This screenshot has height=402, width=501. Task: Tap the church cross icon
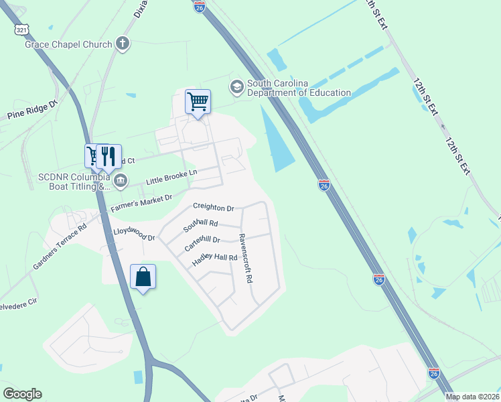coord(122,44)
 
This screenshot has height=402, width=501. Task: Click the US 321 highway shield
coord(21,29)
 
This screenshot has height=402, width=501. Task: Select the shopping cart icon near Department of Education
coord(198,102)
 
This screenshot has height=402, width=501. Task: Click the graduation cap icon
coord(236,87)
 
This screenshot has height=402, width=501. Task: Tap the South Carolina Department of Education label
coord(299,88)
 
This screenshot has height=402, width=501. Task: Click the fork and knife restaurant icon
coord(109,156)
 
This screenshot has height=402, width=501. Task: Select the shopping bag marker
coord(143,276)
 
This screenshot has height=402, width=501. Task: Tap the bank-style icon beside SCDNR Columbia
coord(121,180)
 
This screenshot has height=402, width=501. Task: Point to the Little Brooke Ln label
coord(172,178)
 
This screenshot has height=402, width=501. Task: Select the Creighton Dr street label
coord(213,208)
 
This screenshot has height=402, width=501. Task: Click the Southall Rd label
coord(201,224)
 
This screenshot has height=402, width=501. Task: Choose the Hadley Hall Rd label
coord(214,257)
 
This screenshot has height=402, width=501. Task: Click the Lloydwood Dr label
coord(134,234)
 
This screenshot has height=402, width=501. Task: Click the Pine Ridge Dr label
coord(33,111)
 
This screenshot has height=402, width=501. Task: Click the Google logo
coord(22,394)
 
